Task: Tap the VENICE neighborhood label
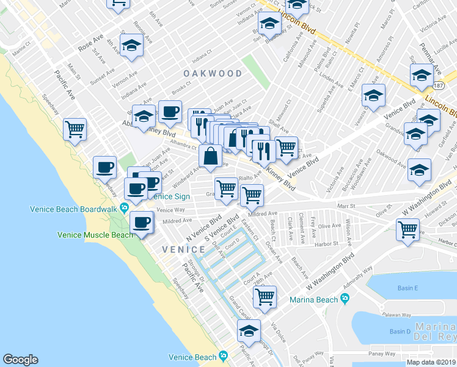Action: tap(183, 250)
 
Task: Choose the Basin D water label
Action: tap(400, 332)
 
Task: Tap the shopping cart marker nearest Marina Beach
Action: tap(265, 297)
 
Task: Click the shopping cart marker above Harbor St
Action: tap(408, 230)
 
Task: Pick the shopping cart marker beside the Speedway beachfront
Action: tap(75, 128)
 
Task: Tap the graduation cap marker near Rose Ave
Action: tap(131, 46)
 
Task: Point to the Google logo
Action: tap(20, 360)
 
